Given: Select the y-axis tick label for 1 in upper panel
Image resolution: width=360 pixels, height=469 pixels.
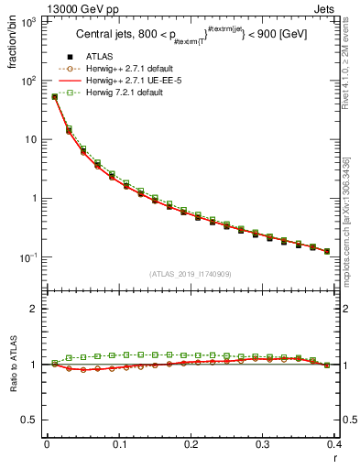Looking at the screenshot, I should [x=34, y=198].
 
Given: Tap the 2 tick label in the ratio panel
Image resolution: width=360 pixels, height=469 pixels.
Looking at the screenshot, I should [x=34, y=309].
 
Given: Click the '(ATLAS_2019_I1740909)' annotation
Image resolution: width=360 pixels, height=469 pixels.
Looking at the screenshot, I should [x=191, y=274].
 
